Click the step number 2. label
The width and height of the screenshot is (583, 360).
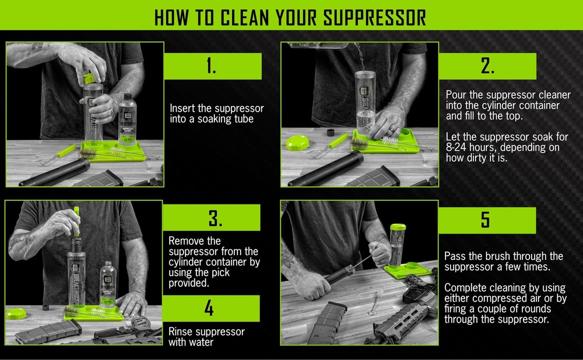487,66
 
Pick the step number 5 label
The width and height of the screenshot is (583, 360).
486,220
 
